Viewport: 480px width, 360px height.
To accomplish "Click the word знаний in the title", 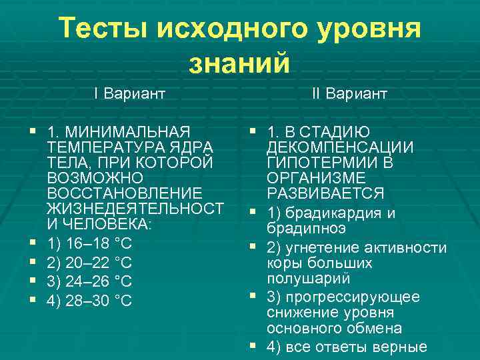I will point(239,63).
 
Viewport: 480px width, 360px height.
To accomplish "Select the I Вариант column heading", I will point(129,94).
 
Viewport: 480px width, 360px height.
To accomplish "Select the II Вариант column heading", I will point(349,94).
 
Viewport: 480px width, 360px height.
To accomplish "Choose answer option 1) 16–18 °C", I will point(89,239).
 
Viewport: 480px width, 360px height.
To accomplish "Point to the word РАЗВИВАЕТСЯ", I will point(325,193).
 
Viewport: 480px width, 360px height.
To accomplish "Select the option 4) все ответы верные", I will point(347,347).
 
